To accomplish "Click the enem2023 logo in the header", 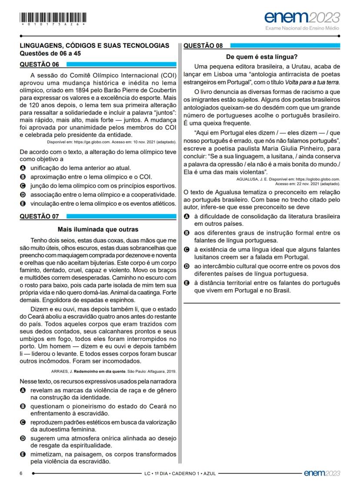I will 302,18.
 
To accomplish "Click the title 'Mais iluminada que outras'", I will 98,229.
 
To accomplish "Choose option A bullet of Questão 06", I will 23,167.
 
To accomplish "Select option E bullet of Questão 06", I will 23,203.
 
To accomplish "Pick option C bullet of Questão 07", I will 23,422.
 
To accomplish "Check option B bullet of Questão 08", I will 187,233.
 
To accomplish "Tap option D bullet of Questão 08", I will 187,266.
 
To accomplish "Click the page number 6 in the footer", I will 21,473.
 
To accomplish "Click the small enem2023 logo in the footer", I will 322,473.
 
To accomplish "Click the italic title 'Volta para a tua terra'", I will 312,82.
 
